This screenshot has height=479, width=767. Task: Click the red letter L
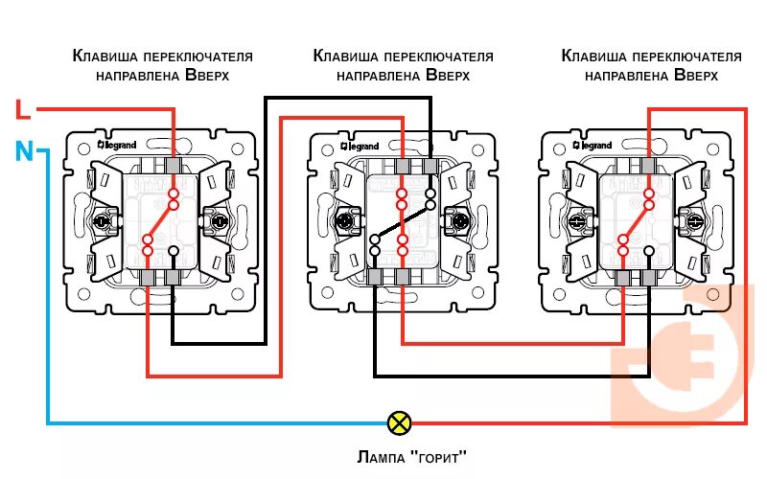point(23,109)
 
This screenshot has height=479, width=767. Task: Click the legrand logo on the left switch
point(118,145)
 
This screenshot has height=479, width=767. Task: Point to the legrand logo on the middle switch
point(360,146)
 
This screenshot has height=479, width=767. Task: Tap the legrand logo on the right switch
point(593,145)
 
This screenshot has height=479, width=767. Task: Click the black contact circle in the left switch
point(174,251)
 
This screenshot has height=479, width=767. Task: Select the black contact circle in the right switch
point(649,251)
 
